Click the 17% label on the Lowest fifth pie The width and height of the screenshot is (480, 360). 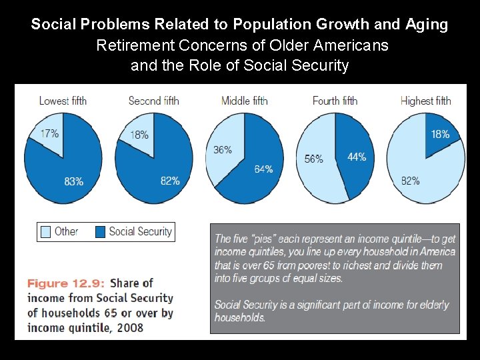(49, 133)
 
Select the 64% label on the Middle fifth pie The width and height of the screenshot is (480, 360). (263, 169)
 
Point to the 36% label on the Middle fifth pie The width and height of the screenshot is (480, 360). (223, 150)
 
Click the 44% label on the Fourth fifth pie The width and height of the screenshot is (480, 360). (357, 157)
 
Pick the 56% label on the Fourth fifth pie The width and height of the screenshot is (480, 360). (313, 159)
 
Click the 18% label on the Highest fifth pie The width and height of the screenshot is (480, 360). (440, 134)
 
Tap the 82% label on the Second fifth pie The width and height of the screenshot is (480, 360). (169, 181)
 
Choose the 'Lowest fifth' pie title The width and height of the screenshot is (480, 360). (63, 101)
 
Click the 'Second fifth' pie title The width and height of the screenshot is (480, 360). (153, 101)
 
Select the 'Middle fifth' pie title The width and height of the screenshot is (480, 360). (245, 101)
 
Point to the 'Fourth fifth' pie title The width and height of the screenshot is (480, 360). (335, 101)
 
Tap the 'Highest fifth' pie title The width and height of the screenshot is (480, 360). (425, 101)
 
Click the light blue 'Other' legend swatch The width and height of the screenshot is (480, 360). (45, 232)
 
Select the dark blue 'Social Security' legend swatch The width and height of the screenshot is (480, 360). (100, 232)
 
